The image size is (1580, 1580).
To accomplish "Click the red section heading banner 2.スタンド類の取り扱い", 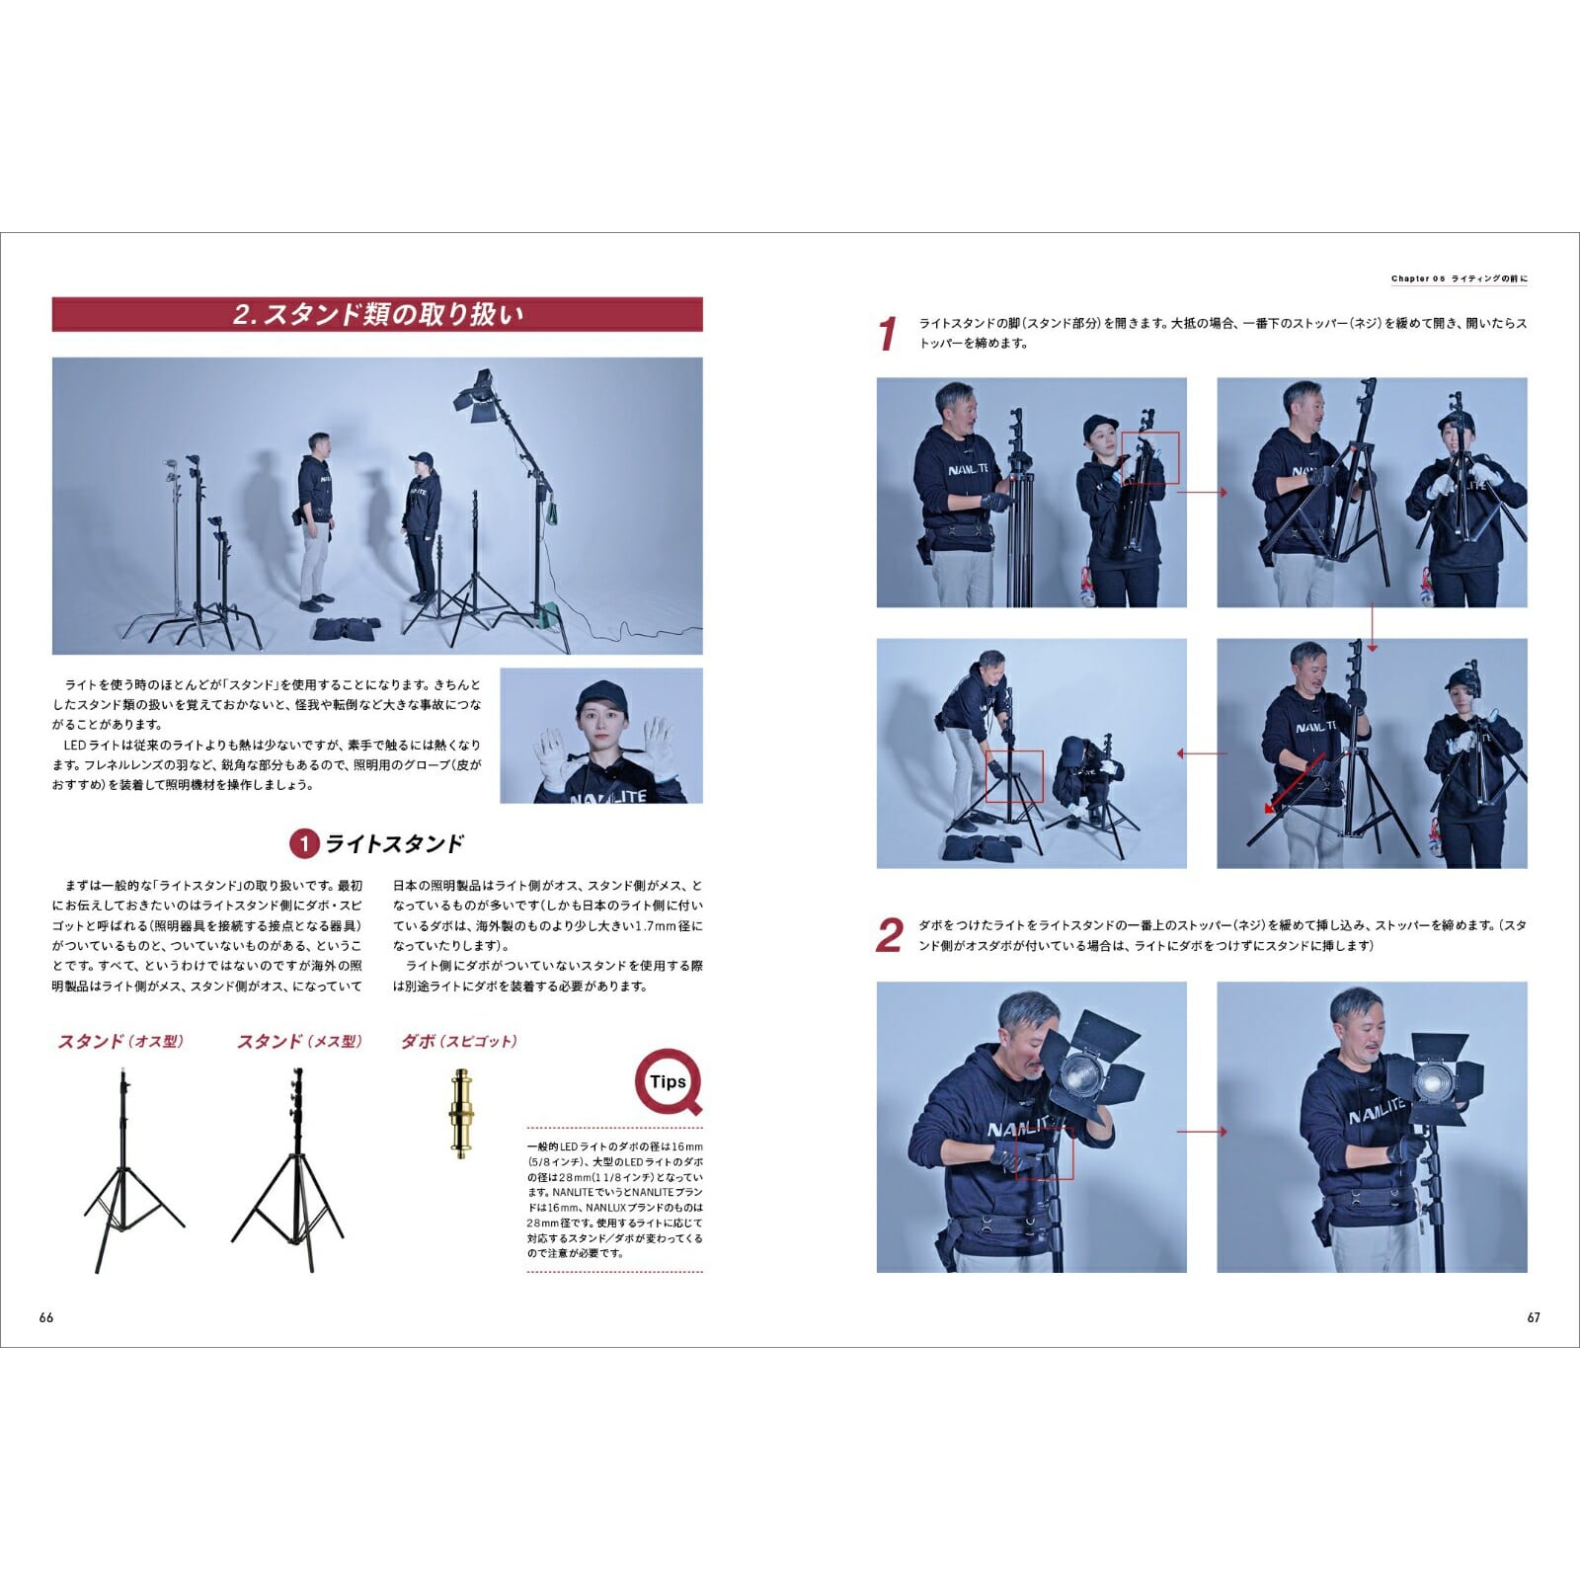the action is [377, 314].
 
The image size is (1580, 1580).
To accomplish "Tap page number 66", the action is [46, 1317].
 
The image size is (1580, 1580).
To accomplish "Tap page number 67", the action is [1534, 1317].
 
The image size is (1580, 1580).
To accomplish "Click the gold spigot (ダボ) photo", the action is [460, 1113].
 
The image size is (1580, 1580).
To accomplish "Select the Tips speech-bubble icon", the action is [669, 1082].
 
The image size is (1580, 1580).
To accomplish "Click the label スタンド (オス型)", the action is [121, 1042].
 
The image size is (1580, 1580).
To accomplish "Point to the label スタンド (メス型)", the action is [300, 1042].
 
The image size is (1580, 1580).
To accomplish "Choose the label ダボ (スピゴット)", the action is [459, 1042].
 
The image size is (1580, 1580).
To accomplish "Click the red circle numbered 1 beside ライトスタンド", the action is [304, 843].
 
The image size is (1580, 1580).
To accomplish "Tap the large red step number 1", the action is [888, 334].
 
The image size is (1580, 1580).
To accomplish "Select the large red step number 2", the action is [890, 935].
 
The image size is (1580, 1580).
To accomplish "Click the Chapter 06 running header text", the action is [1460, 279].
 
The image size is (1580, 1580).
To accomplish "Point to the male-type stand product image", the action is [128, 1170].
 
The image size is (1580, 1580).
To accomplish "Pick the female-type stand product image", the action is [292, 1170].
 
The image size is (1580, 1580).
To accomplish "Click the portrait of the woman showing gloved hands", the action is [601, 736].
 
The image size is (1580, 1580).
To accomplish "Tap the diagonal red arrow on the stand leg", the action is [1296, 784].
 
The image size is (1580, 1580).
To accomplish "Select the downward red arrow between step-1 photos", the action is [1372, 628].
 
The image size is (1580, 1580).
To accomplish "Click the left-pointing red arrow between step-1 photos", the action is [1202, 754].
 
